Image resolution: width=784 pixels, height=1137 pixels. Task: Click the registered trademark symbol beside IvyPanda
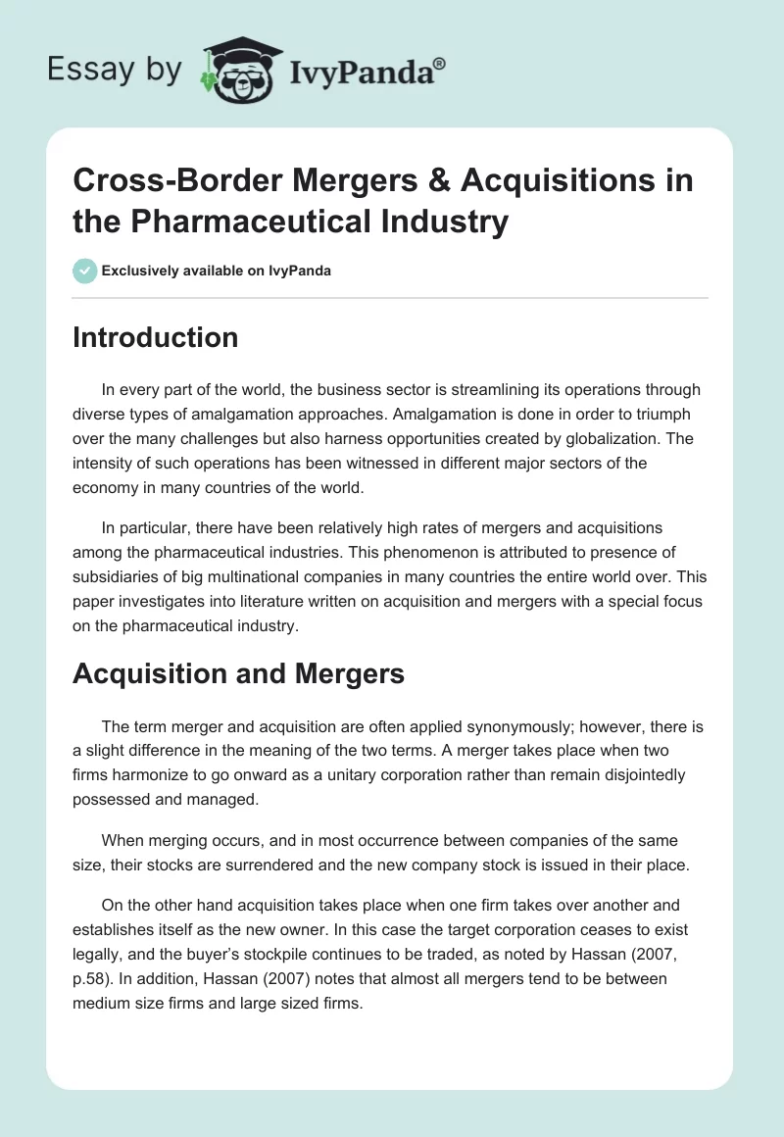(440, 64)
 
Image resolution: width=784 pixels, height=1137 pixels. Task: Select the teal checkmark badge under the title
(85, 271)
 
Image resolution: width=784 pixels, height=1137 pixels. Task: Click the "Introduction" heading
(155, 337)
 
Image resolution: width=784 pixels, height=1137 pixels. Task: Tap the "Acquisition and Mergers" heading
(239, 673)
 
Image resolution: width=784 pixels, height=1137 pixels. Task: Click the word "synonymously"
(448, 726)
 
